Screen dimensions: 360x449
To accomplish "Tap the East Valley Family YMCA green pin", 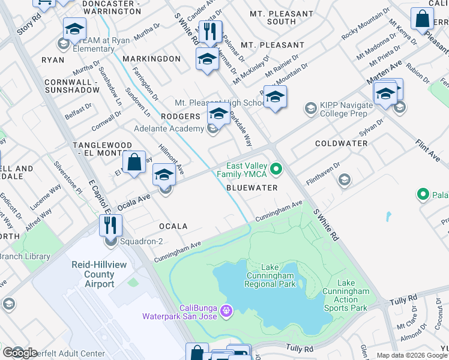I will point(276,170).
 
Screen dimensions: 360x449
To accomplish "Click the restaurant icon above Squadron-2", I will point(111,226).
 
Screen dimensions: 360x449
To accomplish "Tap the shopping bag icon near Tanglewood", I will point(135,162).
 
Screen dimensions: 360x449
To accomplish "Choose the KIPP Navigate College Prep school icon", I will point(310,108).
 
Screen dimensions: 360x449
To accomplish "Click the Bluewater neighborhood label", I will point(252,188).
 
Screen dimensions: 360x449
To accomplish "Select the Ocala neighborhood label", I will point(173,226).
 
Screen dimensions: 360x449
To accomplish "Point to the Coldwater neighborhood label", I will point(341,143).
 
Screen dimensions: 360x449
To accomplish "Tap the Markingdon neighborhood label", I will point(151,59).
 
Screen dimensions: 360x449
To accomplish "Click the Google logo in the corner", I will point(20,353).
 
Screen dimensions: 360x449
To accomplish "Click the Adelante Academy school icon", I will point(212,129).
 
